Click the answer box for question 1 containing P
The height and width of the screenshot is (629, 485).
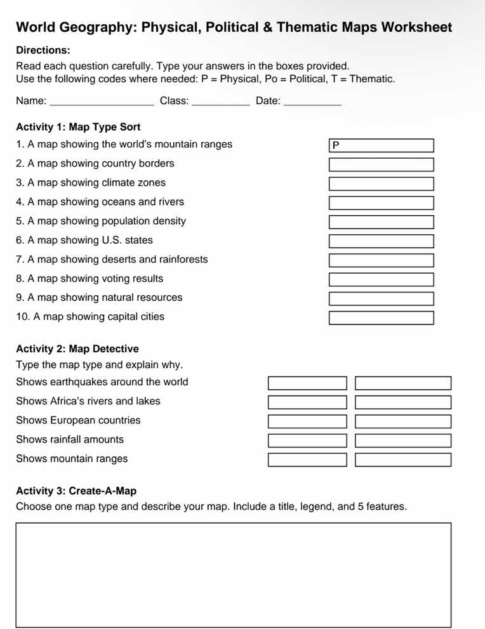tap(381, 145)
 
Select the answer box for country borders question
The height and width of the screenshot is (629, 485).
tap(381, 165)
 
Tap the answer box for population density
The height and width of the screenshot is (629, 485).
tap(381, 222)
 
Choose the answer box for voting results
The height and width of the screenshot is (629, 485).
tap(381, 279)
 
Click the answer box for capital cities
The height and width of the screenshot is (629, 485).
tap(381, 318)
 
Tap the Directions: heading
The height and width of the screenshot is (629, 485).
tap(43, 50)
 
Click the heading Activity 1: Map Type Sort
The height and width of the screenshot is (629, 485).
tap(78, 127)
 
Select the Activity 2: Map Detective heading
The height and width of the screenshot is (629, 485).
tap(77, 349)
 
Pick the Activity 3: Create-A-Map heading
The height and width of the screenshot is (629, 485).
tap(76, 491)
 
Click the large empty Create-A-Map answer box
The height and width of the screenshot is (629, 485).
tap(233, 575)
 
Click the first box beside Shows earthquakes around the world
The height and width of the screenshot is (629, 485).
tap(307, 383)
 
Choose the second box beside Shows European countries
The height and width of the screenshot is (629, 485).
tap(403, 421)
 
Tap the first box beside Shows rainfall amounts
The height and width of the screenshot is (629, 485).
tap(307, 440)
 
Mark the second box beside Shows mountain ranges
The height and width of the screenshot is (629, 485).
tap(403, 460)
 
